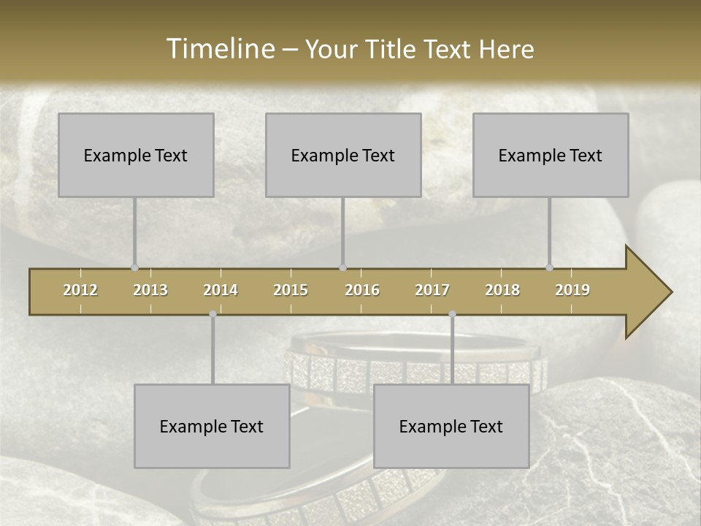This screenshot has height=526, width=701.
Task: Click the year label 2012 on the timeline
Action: (80, 290)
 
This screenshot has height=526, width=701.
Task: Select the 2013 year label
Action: (150, 290)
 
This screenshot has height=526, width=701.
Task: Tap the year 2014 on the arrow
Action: (221, 290)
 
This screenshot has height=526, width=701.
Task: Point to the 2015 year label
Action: (291, 290)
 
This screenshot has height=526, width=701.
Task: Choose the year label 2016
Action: (362, 290)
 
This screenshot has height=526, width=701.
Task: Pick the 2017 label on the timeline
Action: (432, 290)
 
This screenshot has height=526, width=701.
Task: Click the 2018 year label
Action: (502, 290)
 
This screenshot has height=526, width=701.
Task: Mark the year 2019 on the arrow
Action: (572, 290)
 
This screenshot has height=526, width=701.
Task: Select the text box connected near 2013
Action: (136, 155)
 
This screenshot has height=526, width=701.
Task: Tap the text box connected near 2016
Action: (343, 155)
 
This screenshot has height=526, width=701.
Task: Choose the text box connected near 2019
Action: (551, 155)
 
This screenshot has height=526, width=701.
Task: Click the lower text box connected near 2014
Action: (212, 426)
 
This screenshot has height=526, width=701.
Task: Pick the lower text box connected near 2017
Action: (451, 426)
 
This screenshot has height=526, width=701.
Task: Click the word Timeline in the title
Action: (220, 48)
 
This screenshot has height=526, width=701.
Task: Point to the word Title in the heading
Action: (395, 49)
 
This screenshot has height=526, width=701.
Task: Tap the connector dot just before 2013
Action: (134, 268)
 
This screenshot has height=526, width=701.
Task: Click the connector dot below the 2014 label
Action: (212, 314)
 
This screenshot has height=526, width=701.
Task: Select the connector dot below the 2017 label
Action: (452, 314)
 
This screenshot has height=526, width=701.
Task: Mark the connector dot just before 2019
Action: (549, 268)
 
